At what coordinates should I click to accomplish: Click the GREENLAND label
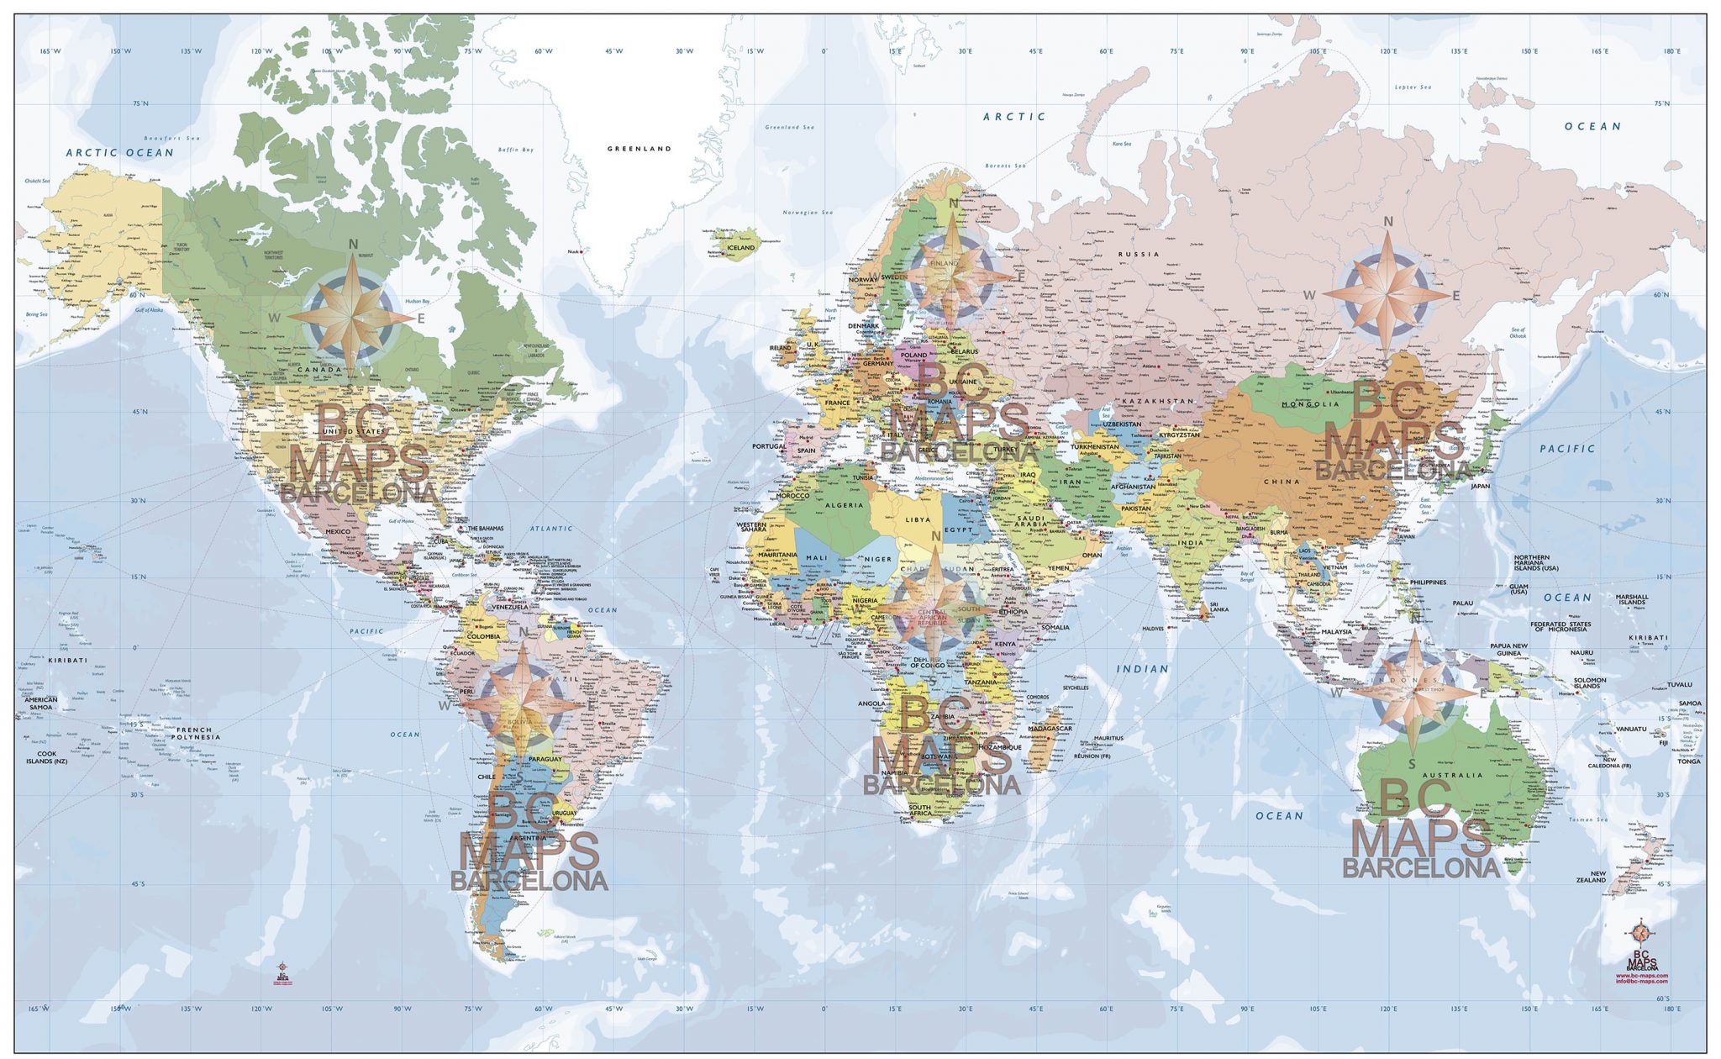point(639,149)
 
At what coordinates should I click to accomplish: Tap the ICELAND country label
point(740,248)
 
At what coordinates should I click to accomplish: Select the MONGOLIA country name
point(1310,404)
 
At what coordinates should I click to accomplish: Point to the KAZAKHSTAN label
point(1157,402)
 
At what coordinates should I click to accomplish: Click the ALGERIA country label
point(844,506)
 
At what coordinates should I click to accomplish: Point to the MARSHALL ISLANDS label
point(1632,599)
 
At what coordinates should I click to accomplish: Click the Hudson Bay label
point(417,301)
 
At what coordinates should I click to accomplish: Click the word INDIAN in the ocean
point(1142,669)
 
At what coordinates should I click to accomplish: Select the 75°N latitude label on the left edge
point(140,104)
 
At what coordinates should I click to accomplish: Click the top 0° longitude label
point(824,52)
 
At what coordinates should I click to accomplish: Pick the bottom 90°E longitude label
point(1247,1009)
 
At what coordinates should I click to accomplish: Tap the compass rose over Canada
point(353,318)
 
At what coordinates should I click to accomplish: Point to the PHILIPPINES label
point(1428,582)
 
